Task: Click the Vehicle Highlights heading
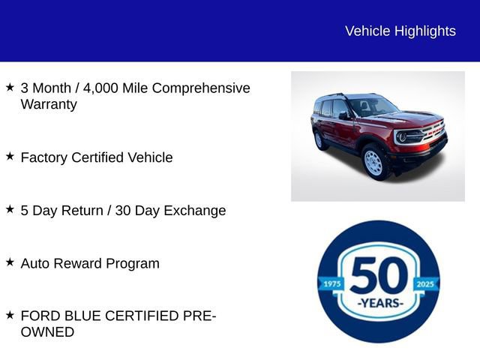point(400,31)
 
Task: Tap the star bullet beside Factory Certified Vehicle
point(10,156)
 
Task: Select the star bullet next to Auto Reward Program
point(10,262)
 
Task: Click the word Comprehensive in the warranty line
point(202,88)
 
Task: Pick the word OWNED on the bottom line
point(47,332)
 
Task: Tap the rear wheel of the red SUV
point(319,139)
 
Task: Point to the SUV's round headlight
point(402,137)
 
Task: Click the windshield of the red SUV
point(372,106)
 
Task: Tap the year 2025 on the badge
point(426,283)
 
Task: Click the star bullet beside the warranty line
point(10,87)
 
